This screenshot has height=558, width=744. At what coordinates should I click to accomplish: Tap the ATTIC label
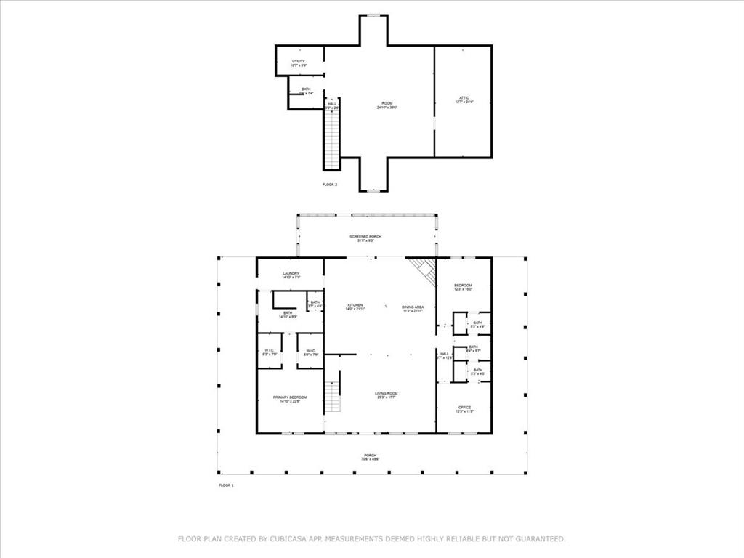pos(464,100)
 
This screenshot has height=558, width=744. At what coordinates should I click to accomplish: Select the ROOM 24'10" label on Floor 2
pos(387,105)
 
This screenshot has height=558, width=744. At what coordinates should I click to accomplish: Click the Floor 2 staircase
pos(332,138)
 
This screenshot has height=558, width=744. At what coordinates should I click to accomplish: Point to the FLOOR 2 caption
pos(330,185)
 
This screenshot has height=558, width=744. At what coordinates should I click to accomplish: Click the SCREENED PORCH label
pos(365,238)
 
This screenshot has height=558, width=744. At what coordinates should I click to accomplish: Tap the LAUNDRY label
pos(291,275)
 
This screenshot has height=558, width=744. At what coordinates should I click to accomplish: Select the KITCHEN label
pos(355,307)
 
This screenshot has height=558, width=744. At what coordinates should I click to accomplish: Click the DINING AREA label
pos(413,309)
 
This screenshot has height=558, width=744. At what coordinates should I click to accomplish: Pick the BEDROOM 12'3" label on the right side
pos(464,287)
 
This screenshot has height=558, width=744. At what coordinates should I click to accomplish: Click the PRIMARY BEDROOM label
pos(290,399)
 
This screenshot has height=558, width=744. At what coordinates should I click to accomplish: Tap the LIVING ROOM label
pos(387,395)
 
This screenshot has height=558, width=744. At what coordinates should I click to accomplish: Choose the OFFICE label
pos(464,409)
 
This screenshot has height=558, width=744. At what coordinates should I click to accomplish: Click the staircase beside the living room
pos(332,397)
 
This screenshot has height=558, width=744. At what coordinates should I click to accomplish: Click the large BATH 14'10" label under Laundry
pos(288,315)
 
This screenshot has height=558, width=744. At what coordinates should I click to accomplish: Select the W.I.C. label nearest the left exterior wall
pos(269,352)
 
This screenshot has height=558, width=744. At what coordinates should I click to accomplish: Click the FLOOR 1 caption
pos(226,485)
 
